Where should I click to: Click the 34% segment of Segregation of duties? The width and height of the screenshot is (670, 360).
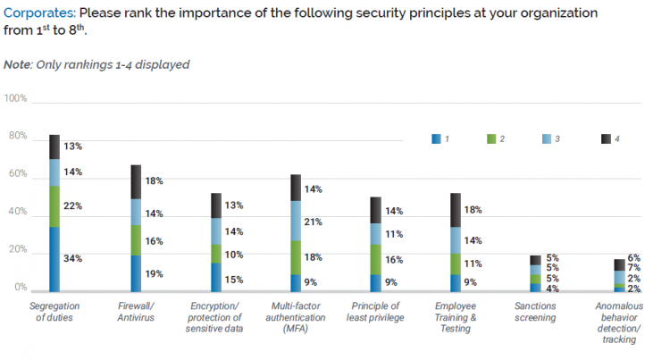click(54, 259)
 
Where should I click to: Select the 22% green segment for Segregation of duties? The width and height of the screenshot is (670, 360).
click(54, 206)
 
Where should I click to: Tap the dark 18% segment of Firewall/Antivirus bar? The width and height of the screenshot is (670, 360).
click(137, 181)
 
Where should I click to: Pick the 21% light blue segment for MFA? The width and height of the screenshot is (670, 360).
click(296, 222)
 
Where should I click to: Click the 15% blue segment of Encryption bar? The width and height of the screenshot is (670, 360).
click(216, 277)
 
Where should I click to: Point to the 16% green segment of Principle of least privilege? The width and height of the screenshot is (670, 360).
click(376, 259)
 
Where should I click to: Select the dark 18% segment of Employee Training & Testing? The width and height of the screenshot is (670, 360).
click(456, 210)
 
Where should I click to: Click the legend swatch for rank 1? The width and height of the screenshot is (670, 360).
click(436, 138)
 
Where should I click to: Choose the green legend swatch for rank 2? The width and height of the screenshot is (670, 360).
click(490, 138)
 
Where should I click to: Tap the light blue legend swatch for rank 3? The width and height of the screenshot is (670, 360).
click(546, 138)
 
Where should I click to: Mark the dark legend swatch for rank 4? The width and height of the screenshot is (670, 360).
click(605, 138)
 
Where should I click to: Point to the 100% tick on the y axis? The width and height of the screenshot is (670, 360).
click(15, 97)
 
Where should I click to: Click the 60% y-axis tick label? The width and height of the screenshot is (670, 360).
click(15, 175)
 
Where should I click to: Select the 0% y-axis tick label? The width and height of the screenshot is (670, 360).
click(19, 288)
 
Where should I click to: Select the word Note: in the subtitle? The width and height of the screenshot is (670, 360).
click(19, 64)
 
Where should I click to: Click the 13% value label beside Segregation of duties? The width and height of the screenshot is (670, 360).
click(73, 147)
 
